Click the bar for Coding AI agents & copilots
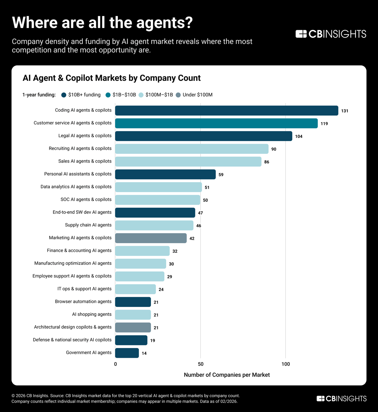(226, 111)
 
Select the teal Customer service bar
(216, 123)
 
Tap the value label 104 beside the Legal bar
(299, 136)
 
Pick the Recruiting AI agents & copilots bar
(192, 149)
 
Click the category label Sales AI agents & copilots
(85, 161)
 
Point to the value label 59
(221, 175)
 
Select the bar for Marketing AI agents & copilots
(151, 238)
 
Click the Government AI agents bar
(127, 353)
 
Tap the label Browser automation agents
(83, 301)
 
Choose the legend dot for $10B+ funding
(64, 95)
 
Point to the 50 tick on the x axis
(200, 364)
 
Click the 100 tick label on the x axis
(286, 364)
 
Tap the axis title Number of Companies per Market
(227, 375)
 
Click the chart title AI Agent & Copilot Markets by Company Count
(112, 78)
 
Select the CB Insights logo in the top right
(331, 34)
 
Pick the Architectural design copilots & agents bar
(133, 327)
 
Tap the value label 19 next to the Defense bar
(153, 340)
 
